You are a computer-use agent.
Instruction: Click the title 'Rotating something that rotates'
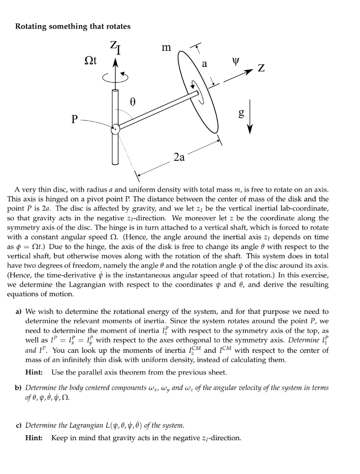[73, 26]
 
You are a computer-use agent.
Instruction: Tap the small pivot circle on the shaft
[116, 129]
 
